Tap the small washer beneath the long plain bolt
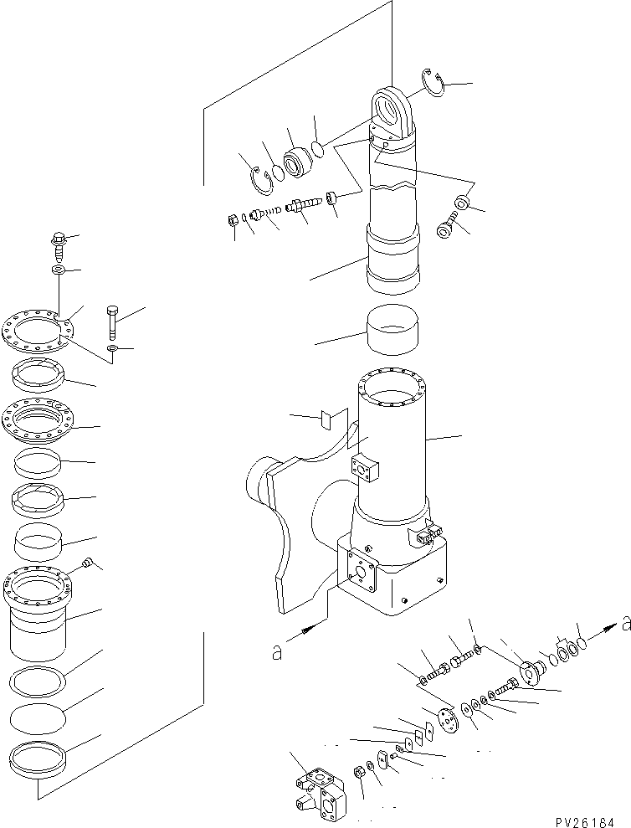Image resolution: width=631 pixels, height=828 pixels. tap(114, 347)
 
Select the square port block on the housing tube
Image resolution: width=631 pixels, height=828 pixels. tap(366, 471)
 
